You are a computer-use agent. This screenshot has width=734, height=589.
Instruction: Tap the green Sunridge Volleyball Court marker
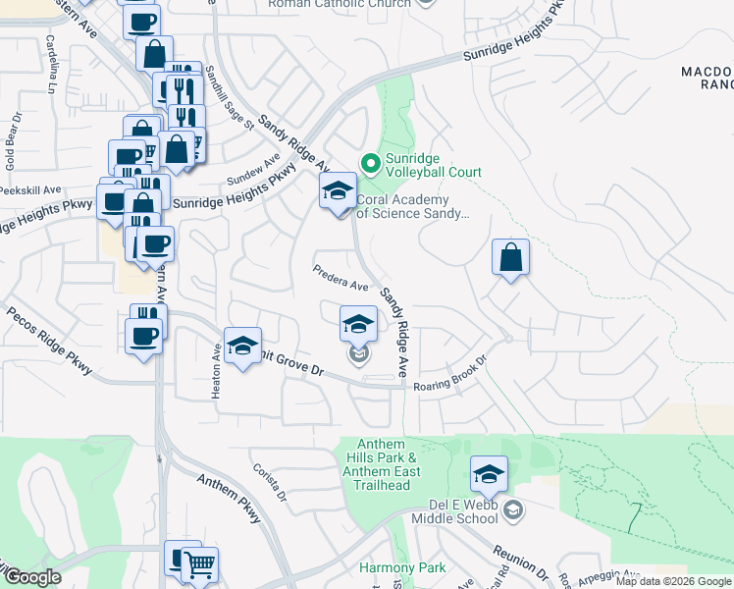click(x=370, y=162)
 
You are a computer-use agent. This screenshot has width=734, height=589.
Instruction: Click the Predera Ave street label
click(x=340, y=279)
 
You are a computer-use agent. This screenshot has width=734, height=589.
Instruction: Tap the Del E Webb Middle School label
click(x=465, y=510)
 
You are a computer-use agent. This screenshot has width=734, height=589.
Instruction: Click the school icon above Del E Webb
click(x=489, y=475)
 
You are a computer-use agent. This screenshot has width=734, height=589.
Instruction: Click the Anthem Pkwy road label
click(x=229, y=498)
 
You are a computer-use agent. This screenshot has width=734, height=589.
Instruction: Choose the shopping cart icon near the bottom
click(x=199, y=564)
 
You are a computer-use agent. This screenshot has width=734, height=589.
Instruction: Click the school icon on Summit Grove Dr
click(x=242, y=346)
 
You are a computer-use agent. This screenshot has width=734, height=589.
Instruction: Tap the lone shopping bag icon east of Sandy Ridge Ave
click(x=510, y=257)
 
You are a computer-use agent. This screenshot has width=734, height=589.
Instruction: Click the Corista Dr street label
click(x=267, y=482)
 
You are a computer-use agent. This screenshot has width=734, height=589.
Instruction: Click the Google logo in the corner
click(x=32, y=577)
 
